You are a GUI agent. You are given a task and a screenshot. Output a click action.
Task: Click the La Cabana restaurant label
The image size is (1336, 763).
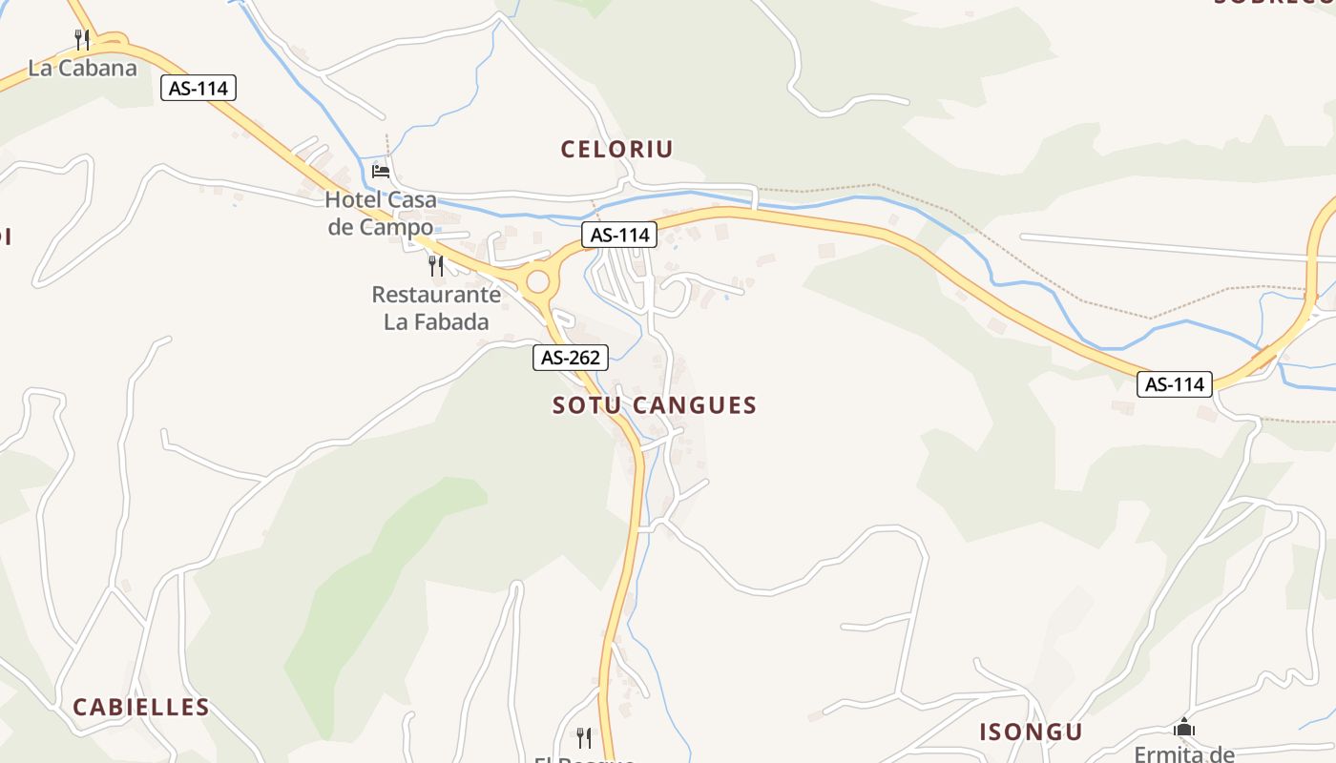82,68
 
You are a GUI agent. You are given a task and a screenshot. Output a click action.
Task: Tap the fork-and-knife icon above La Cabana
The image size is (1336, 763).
82,39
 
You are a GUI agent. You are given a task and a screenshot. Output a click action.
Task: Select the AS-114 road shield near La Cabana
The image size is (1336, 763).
198,89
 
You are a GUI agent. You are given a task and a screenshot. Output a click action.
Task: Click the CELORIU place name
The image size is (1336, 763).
616,149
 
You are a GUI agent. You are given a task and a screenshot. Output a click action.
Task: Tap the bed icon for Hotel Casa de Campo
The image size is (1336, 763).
381,172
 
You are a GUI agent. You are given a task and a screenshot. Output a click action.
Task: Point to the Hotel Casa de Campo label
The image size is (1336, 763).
381,213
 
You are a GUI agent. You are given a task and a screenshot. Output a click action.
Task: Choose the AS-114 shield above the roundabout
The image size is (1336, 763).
619,235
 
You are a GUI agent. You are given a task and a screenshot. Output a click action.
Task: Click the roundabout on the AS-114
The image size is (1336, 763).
538,281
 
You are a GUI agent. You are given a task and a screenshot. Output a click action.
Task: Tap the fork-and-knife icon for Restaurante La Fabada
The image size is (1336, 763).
436,265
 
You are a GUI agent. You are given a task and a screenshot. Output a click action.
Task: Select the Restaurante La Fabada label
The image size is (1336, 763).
436,307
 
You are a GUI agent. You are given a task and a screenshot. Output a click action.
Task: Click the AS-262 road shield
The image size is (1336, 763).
570,358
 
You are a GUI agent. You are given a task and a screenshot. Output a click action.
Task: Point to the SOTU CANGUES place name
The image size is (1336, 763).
655,405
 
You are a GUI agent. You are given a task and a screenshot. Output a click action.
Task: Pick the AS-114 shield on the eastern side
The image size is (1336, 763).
1175,384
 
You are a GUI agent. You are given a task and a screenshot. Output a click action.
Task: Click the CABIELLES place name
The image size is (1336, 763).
141,707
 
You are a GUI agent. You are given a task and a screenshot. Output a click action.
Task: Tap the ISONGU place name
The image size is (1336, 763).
1031,732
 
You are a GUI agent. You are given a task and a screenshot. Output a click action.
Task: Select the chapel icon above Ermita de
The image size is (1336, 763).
1184,728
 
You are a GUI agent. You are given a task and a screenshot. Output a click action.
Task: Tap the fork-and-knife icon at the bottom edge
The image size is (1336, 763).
583,736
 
